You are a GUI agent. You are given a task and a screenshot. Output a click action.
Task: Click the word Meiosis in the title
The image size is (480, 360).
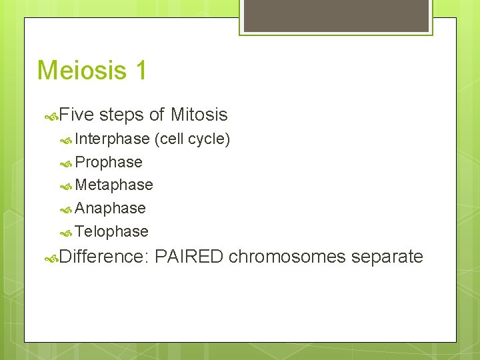coord(82,70)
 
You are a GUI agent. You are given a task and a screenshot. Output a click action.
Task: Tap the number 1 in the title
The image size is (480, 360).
coord(140,70)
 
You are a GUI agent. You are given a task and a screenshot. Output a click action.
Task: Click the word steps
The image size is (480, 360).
coord(121,115)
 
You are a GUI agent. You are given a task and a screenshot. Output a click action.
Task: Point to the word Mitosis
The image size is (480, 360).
coord(199,115)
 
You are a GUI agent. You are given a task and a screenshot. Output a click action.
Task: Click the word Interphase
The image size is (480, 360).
coord(112,139)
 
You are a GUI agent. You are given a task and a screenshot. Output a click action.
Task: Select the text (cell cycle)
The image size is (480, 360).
coord(192,139)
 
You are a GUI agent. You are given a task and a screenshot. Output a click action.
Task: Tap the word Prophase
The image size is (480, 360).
coord(109,163)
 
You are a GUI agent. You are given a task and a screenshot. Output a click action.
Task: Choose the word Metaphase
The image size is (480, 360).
coord(114,185)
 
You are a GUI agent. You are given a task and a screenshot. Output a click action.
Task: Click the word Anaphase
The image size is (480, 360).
coord(110,209)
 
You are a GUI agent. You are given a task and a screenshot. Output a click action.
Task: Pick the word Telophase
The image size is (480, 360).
coord(111,232)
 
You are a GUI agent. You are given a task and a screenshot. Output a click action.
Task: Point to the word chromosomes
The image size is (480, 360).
coord(287,257)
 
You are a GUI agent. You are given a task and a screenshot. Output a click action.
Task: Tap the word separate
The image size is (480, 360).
coord(387,257)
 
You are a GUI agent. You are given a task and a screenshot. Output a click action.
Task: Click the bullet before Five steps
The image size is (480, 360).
coord(51,116)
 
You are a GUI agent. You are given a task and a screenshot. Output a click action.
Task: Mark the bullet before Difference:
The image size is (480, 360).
coord(51,258)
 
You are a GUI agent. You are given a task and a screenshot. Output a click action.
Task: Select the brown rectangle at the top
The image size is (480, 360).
coord(335,15)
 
